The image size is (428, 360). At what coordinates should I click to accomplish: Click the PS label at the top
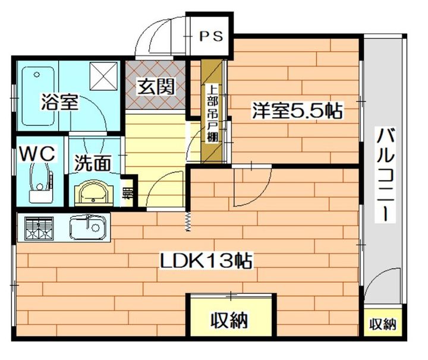[x=210, y=36]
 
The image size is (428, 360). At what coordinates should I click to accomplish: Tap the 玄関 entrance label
[x=156, y=87]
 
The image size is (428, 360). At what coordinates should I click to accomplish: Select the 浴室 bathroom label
[x=59, y=102]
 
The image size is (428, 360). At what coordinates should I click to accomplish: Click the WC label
[x=37, y=153]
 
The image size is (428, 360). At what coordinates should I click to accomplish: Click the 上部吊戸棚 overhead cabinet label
[x=212, y=113]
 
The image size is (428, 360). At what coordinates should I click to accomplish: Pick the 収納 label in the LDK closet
[x=229, y=321]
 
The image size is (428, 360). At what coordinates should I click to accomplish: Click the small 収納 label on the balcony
[x=383, y=324]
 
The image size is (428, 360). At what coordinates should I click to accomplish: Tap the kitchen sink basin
[x=88, y=226]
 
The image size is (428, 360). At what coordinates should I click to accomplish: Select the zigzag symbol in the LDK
[x=188, y=221]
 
